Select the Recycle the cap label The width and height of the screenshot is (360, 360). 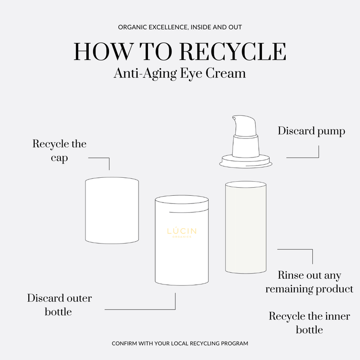click(x=59, y=151)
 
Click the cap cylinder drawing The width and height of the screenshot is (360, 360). click(x=112, y=211)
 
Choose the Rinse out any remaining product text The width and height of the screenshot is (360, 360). click(x=309, y=282)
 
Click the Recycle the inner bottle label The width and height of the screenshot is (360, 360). click(x=309, y=322)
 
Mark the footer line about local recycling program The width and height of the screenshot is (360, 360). click(x=180, y=343)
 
